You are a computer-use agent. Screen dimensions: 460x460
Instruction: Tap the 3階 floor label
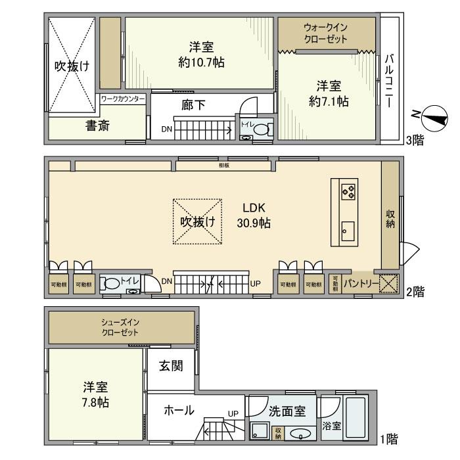coord(414,140)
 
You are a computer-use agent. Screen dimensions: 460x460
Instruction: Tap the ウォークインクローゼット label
coord(327,33)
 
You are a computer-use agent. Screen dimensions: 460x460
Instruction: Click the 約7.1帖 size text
coord(329,101)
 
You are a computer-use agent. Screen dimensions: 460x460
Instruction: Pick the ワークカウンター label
coord(123,99)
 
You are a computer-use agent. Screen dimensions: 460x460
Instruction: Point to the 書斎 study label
coord(97,126)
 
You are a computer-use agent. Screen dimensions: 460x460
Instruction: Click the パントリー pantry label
coord(360,283)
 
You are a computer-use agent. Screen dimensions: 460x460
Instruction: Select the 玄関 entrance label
coord(171,365)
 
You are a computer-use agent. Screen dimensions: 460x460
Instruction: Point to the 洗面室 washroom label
coord(287,412)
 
